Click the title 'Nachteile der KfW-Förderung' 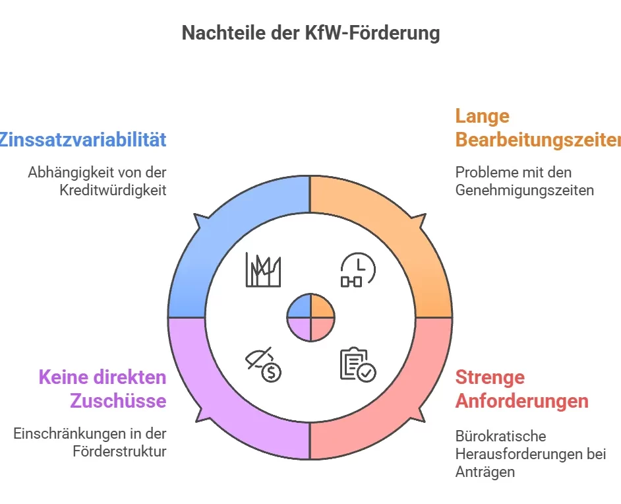(x=310, y=33)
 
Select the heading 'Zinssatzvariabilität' (x=83, y=140)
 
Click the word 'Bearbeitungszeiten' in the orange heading (x=538, y=141)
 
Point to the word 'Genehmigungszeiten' (x=525, y=190)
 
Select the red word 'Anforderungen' (x=521, y=400)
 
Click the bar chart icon (x=263, y=270)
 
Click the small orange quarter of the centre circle (x=321, y=307)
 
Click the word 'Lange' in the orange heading (x=483, y=116)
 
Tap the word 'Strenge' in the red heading (x=490, y=377)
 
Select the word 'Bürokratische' (x=491, y=436)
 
